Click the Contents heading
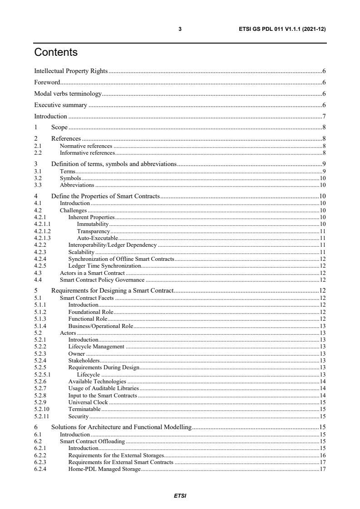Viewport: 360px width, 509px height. [x=56, y=53]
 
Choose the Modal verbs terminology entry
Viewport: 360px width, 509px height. [x=68, y=94]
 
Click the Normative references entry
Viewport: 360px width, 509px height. [x=86, y=146]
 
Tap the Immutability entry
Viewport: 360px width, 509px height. [x=93, y=224]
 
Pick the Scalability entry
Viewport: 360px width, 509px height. [x=81, y=252]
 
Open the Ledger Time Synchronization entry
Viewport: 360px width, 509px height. [x=105, y=265]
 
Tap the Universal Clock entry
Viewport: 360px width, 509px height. [x=88, y=402]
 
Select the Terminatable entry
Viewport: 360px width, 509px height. [x=84, y=409]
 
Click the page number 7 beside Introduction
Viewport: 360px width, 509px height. [x=324, y=116]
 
